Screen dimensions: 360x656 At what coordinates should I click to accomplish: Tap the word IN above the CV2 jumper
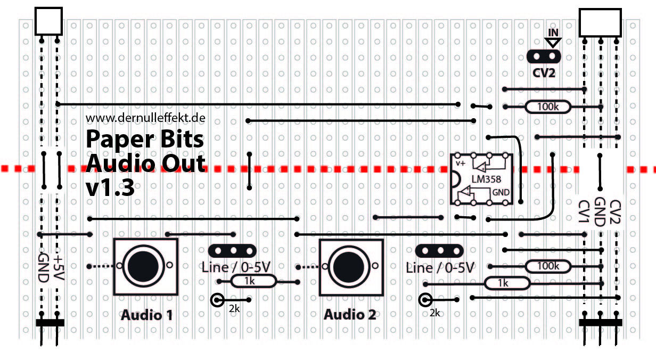point(554,32)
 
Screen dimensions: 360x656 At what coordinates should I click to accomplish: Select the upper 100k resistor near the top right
point(548,107)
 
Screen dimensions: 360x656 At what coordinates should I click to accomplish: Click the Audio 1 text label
point(146,315)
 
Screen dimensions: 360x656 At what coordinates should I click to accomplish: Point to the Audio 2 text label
point(350,315)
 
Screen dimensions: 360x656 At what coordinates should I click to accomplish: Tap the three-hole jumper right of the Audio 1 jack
point(233,250)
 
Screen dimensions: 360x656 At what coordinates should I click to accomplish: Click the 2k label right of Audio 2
point(434,313)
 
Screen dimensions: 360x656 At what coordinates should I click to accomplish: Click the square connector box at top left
point(48,21)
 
